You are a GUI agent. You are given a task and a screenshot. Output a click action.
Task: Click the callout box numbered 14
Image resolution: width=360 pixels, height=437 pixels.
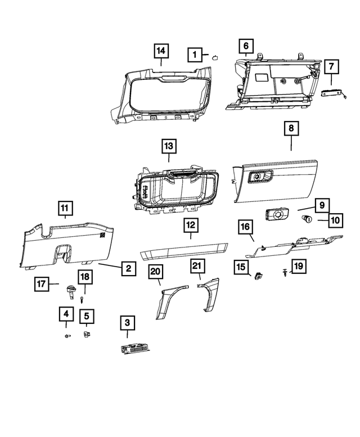161,51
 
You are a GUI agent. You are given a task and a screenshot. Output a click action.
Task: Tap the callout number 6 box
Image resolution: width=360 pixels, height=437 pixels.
246,45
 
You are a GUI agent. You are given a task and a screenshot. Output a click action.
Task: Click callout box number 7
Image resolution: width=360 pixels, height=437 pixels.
331,67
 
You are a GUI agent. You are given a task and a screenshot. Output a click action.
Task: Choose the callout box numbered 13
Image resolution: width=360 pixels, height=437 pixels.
169,146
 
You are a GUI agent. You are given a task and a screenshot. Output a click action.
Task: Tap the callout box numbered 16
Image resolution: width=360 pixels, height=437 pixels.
245,227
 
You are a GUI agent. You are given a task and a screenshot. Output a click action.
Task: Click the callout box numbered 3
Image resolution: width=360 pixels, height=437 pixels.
128,323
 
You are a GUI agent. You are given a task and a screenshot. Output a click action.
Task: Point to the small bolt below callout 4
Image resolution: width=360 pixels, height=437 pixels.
67,336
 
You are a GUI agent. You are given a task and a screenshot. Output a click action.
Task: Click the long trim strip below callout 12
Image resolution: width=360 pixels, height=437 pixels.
184,250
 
